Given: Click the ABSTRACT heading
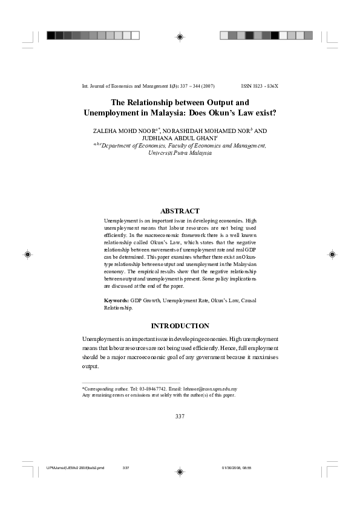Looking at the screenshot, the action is [180, 211].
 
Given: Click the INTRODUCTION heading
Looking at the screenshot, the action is [180, 326].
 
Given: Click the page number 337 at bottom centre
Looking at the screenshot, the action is [180, 416].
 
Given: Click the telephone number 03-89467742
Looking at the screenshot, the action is [152, 389].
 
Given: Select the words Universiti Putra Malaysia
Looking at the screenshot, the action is [180, 153].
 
